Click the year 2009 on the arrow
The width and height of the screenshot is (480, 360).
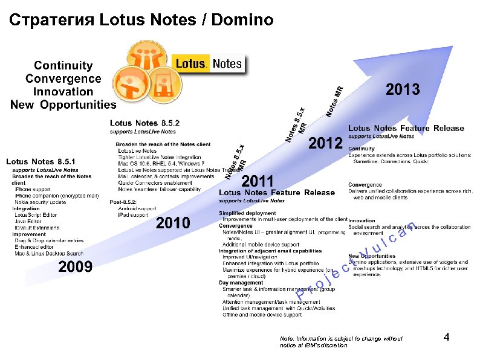[x=75, y=266]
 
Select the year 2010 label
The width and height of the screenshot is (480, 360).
[x=173, y=223]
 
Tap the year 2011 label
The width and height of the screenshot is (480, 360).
[x=258, y=181]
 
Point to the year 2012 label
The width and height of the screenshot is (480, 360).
[x=325, y=144]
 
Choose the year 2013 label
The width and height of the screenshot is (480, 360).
[x=403, y=90]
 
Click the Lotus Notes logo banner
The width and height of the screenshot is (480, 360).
[x=209, y=63]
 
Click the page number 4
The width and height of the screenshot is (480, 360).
[x=446, y=337]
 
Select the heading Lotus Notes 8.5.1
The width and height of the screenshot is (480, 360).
[x=41, y=162]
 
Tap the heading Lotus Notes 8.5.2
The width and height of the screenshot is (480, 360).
[x=144, y=123]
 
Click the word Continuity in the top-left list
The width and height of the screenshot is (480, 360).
[x=63, y=65]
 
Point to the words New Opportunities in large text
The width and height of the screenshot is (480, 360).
[x=63, y=105]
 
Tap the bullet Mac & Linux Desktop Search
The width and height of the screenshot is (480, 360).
[x=49, y=253]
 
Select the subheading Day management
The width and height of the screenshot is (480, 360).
[x=240, y=282]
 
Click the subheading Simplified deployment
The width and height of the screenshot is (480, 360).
[x=248, y=213]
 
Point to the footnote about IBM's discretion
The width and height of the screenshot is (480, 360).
[x=340, y=342]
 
